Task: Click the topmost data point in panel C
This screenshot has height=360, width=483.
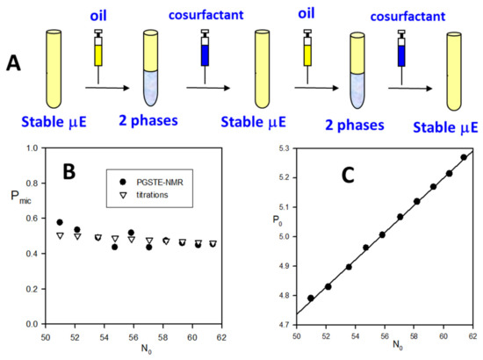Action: [464, 158]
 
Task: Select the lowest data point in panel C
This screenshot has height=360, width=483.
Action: [311, 299]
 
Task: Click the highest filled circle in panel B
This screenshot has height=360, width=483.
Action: [60, 222]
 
